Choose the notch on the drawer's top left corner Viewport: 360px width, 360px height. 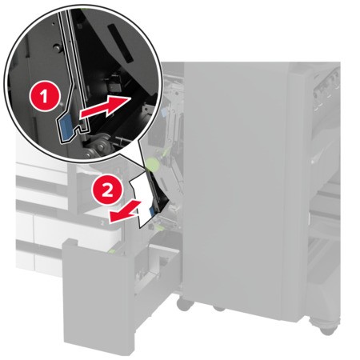click(x=70, y=247)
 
